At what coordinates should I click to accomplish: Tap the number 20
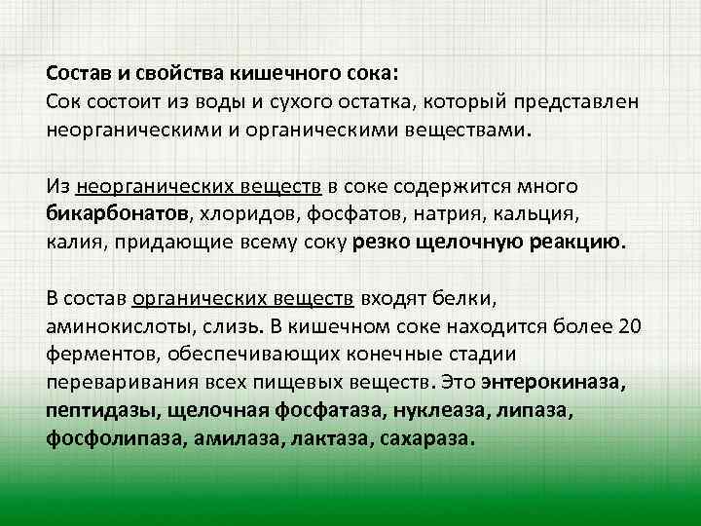[630, 326]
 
